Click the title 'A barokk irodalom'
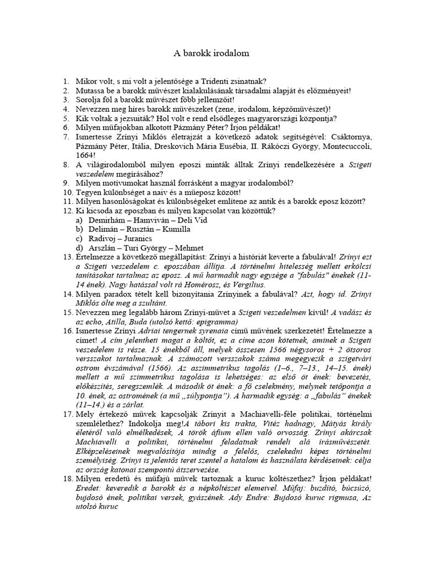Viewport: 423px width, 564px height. (x=211, y=53)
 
